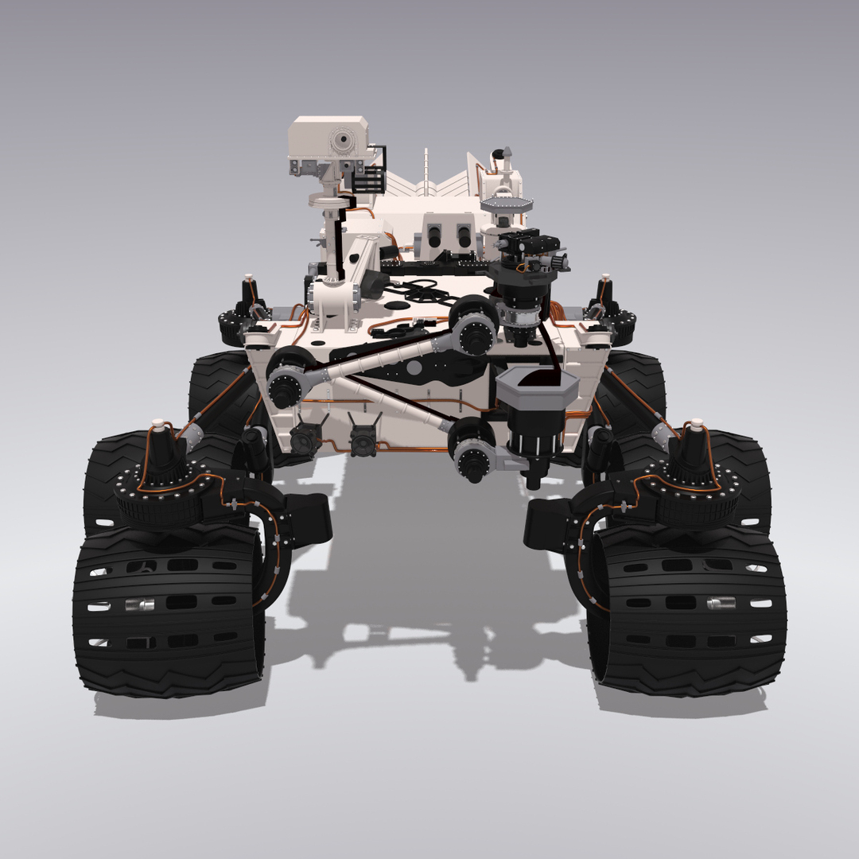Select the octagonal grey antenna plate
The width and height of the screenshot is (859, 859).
tap(506, 204)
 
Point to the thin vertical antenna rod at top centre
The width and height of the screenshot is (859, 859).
tap(426, 171)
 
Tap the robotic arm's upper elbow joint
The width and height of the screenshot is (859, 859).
tap(475, 325)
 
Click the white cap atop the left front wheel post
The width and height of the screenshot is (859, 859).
tap(159, 423)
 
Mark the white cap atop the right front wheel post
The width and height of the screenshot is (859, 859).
tap(697, 423)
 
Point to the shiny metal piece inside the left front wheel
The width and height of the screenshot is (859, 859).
tap(142, 605)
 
